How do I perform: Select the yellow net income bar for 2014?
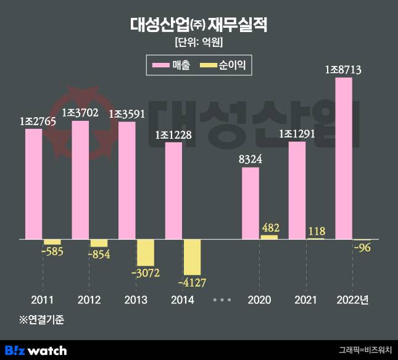coord(192,256)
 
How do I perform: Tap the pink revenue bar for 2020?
coord(250,203)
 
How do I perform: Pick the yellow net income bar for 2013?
coord(145,253)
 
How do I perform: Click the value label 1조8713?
coord(343,70)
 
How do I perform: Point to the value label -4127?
coord(193,283)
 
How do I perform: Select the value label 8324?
coord(250,160)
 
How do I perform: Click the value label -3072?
coord(146,274)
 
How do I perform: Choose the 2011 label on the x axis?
coord(42,300)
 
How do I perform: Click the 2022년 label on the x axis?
coord(352,300)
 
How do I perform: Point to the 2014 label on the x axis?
coord(182,300)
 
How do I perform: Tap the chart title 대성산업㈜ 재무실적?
coord(199,25)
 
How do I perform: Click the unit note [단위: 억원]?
coord(199,43)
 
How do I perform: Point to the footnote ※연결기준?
coord(41,319)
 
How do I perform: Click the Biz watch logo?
coord(36,350)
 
